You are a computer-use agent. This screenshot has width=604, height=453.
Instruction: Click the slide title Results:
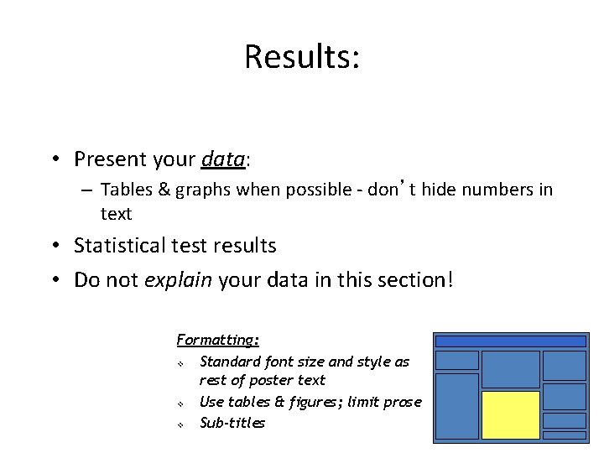[x=302, y=57]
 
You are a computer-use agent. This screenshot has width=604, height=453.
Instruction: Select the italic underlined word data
[x=222, y=159]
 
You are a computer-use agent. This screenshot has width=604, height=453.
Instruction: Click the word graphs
[x=203, y=190]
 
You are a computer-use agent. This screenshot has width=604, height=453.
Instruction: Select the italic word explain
[x=178, y=279]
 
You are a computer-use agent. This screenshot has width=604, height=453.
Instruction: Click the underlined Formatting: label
[x=218, y=340]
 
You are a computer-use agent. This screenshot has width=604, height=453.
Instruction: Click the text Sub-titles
[x=232, y=423]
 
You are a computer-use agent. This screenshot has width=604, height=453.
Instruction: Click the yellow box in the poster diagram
[x=510, y=415]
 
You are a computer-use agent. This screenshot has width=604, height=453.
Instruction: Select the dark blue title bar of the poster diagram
[x=510, y=341]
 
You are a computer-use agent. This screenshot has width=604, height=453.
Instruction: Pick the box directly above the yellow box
[x=510, y=368]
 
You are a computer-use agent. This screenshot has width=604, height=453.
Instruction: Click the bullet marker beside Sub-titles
[x=180, y=424]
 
